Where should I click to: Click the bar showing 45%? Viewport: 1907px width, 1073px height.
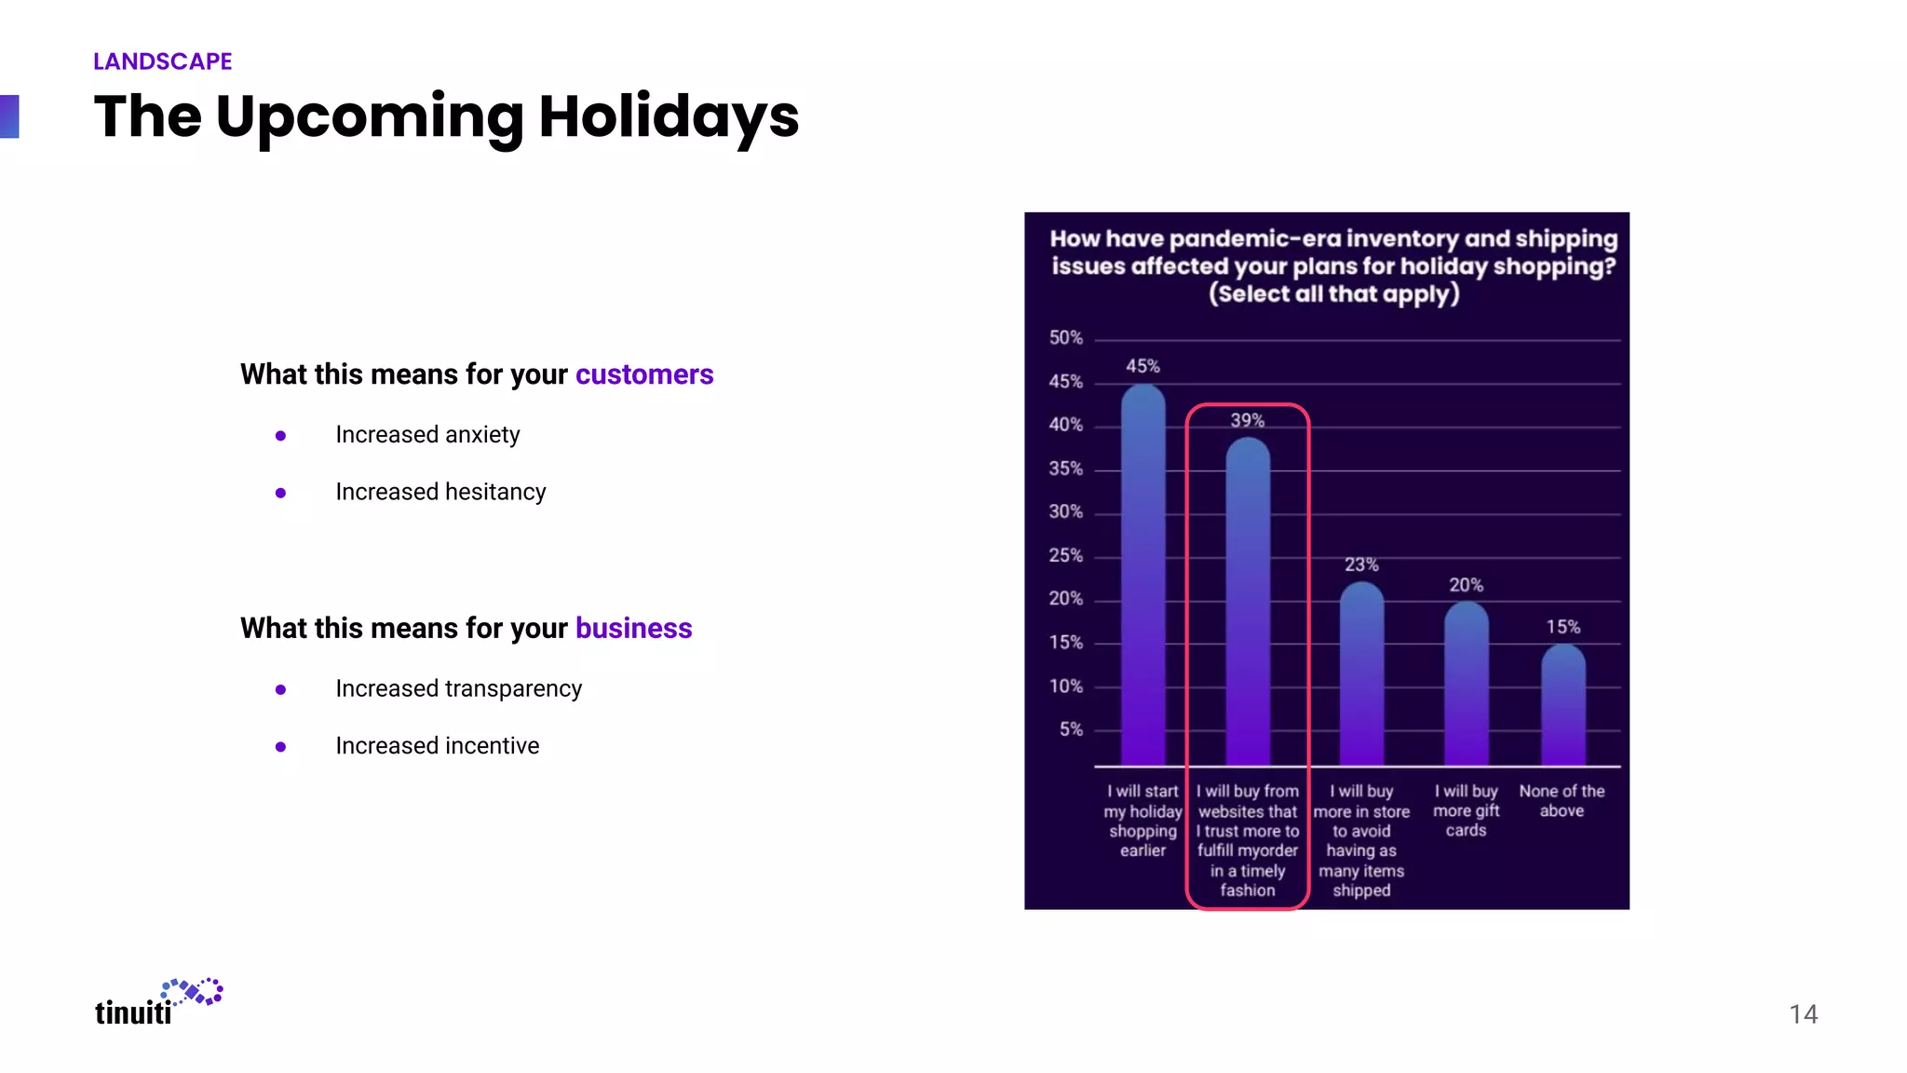pyautogui.click(x=1143, y=577)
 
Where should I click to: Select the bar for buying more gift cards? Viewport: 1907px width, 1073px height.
pyautogui.click(x=1466, y=685)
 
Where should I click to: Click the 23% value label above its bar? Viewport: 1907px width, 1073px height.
pyautogui.click(x=1361, y=564)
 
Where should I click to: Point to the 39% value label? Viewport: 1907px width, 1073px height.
pyautogui.click(x=1247, y=420)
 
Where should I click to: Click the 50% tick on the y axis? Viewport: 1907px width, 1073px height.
pyautogui.click(x=1065, y=337)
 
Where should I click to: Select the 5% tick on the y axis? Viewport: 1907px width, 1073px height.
pyautogui.click(x=1071, y=729)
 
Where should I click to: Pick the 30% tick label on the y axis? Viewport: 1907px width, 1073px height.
pyautogui.click(x=1065, y=511)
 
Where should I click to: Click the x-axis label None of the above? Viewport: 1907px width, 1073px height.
pyautogui.click(x=1562, y=801)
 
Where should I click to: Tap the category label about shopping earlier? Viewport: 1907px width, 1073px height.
pyautogui.click(x=1143, y=821)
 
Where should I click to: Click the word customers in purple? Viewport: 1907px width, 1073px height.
pyautogui.click(x=644, y=374)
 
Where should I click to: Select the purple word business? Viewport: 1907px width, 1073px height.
pyautogui.click(x=633, y=629)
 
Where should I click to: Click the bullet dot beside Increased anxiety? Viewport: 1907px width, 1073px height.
pyautogui.click(x=280, y=436)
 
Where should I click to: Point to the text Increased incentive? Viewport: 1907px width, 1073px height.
pyautogui.click(x=437, y=746)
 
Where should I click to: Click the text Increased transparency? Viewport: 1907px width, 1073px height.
pyautogui.click(x=458, y=689)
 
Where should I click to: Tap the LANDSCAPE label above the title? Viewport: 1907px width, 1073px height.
pyautogui.click(x=162, y=61)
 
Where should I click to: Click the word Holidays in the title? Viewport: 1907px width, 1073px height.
pyautogui.click(x=668, y=117)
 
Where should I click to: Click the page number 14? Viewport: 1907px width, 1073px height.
pyautogui.click(x=1803, y=1014)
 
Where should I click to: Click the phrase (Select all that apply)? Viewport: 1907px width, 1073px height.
pyautogui.click(x=1333, y=294)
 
